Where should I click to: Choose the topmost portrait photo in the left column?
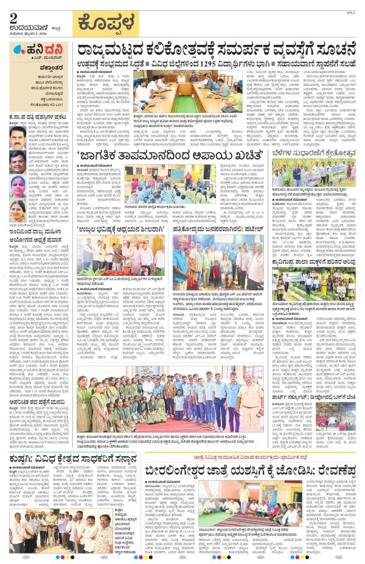pyautogui.click(x=18, y=135)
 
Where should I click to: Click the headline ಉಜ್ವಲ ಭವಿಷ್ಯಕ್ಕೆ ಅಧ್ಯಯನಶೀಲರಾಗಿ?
pyautogui.click(x=120, y=230)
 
